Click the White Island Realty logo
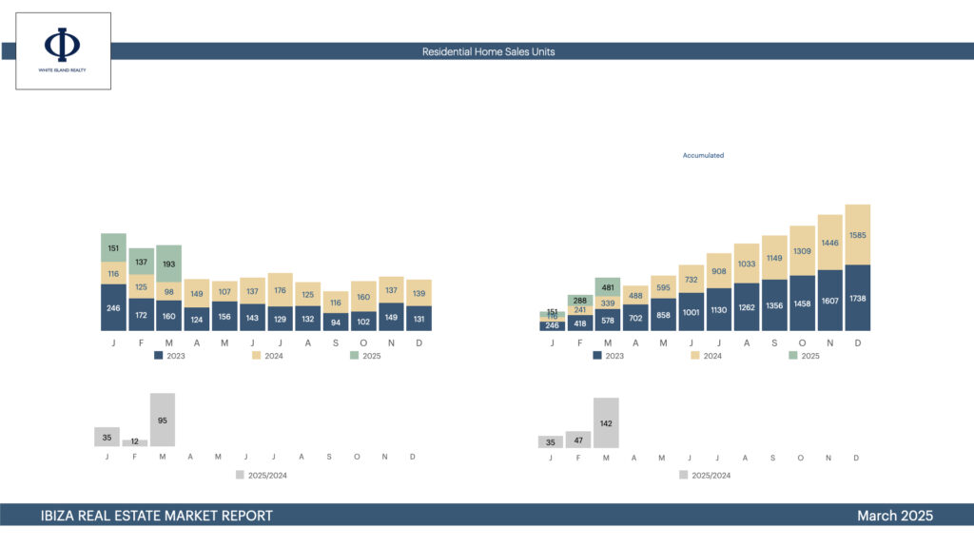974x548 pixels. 63,50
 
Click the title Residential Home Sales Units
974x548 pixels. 488,51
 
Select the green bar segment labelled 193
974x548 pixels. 168,263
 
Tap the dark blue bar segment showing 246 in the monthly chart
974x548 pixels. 113,307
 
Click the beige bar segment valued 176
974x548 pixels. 281,290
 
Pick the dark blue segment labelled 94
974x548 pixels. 336,322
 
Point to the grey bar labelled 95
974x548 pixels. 163,421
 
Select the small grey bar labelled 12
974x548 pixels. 135,442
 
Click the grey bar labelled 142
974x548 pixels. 606,423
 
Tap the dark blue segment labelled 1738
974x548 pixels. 857,298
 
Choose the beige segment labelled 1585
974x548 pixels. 857,235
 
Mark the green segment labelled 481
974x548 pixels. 607,286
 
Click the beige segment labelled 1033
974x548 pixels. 747,264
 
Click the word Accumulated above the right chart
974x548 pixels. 703,155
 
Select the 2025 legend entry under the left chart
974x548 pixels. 366,356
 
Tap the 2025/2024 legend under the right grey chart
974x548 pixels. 705,475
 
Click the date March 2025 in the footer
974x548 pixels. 894,516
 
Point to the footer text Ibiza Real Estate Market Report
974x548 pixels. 157,516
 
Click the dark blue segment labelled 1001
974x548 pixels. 692,311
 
